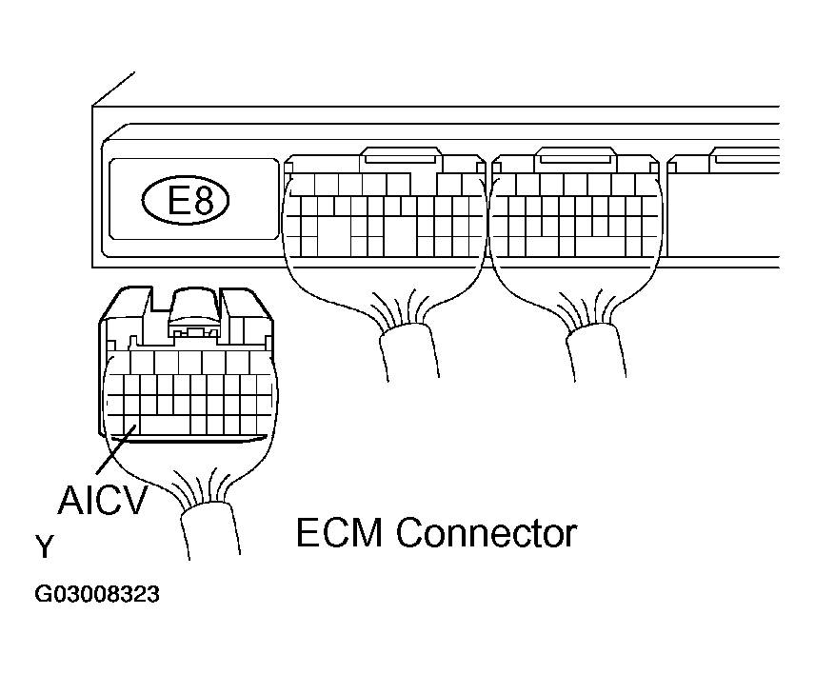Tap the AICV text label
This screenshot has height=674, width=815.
[103, 499]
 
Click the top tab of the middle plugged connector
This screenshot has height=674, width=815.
[402, 155]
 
